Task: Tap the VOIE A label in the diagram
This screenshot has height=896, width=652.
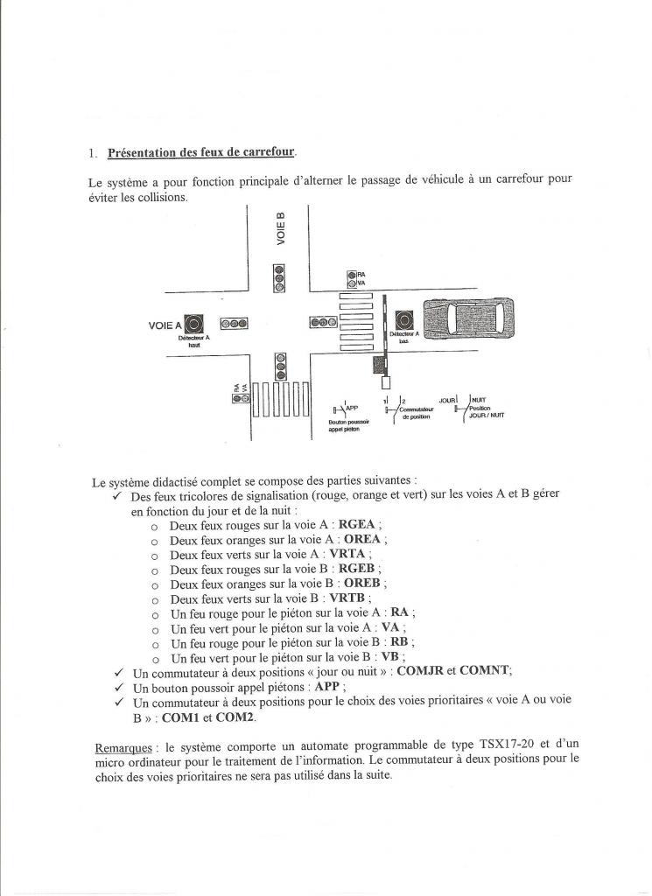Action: (x=165, y=325)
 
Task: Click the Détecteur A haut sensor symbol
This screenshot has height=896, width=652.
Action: (x=194, y=323)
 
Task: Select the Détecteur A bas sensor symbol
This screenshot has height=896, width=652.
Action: (x=404, y=320)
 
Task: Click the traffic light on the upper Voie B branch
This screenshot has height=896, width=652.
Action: (x=279, y=278)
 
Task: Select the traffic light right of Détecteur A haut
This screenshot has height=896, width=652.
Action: (x=234, y=323)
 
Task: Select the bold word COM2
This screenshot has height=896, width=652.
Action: (x=235, y=717)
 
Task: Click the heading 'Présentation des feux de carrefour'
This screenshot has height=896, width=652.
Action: (x=201, y=153)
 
